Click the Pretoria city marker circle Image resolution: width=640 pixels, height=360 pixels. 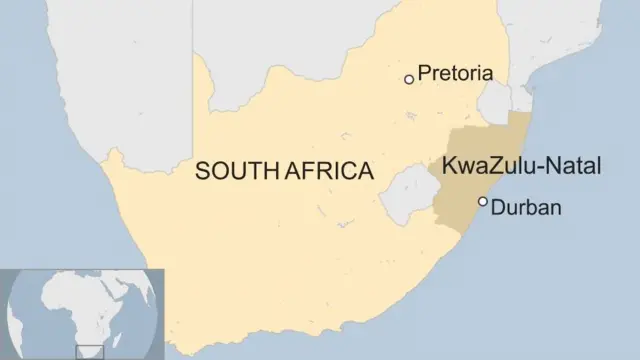coord(408,79)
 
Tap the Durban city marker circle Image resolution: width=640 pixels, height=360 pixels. coord(483,202)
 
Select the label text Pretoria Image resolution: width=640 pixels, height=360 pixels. coord(455,73)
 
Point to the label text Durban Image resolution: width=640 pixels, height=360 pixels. coord(528,208)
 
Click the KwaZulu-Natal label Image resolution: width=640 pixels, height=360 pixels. coord(521,167)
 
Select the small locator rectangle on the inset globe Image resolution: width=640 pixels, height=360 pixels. coord(90,351)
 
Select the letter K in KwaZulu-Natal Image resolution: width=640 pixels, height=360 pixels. coord(450,167)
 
